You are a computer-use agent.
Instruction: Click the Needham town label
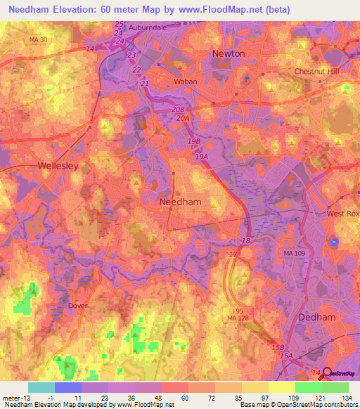[x=181, y=202]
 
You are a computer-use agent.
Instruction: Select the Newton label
[x=229, y=53]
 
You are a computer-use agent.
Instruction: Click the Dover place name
[x=79, y=306]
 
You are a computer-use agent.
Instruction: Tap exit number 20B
[x=179, y=110]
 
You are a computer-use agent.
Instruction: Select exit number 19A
[x=202, y=157]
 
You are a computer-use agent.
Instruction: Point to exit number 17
[x=233, y=254]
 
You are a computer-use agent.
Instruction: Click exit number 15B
[x=278, y=347]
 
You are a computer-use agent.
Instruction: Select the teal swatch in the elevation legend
[x=41, y=387]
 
